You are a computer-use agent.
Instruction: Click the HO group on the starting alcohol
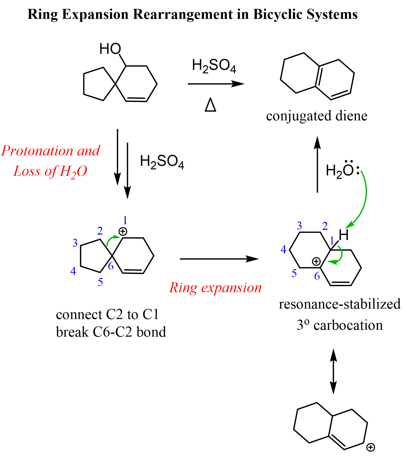coord(110,49)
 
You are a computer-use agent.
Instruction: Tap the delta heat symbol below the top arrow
coord(211,105)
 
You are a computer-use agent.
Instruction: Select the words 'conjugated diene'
coord(317,116)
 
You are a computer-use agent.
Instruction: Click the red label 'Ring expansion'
coord(215,288)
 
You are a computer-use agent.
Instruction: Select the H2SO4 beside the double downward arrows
coord(162,162)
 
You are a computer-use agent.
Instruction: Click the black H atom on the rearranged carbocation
coord(344,235)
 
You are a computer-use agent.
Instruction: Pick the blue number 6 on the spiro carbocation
coord(111,266)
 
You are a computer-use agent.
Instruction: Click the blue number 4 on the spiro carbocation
coord(73,271)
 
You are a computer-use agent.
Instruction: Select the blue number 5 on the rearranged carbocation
coord(294,274)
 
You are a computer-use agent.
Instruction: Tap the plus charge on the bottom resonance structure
coord(371,447)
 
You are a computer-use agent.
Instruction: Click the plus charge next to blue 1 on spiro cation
coord(123,232)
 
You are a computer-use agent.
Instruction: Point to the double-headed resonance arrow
coord(333,371)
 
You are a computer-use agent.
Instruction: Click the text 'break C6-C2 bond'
coord(111,332)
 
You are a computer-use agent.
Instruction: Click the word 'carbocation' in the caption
coord(348,326)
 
